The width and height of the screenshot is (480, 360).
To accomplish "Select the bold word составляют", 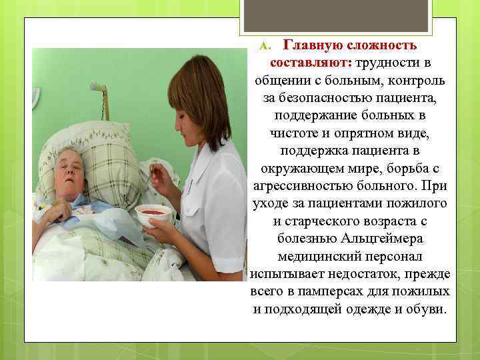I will [x=311, y=63].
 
